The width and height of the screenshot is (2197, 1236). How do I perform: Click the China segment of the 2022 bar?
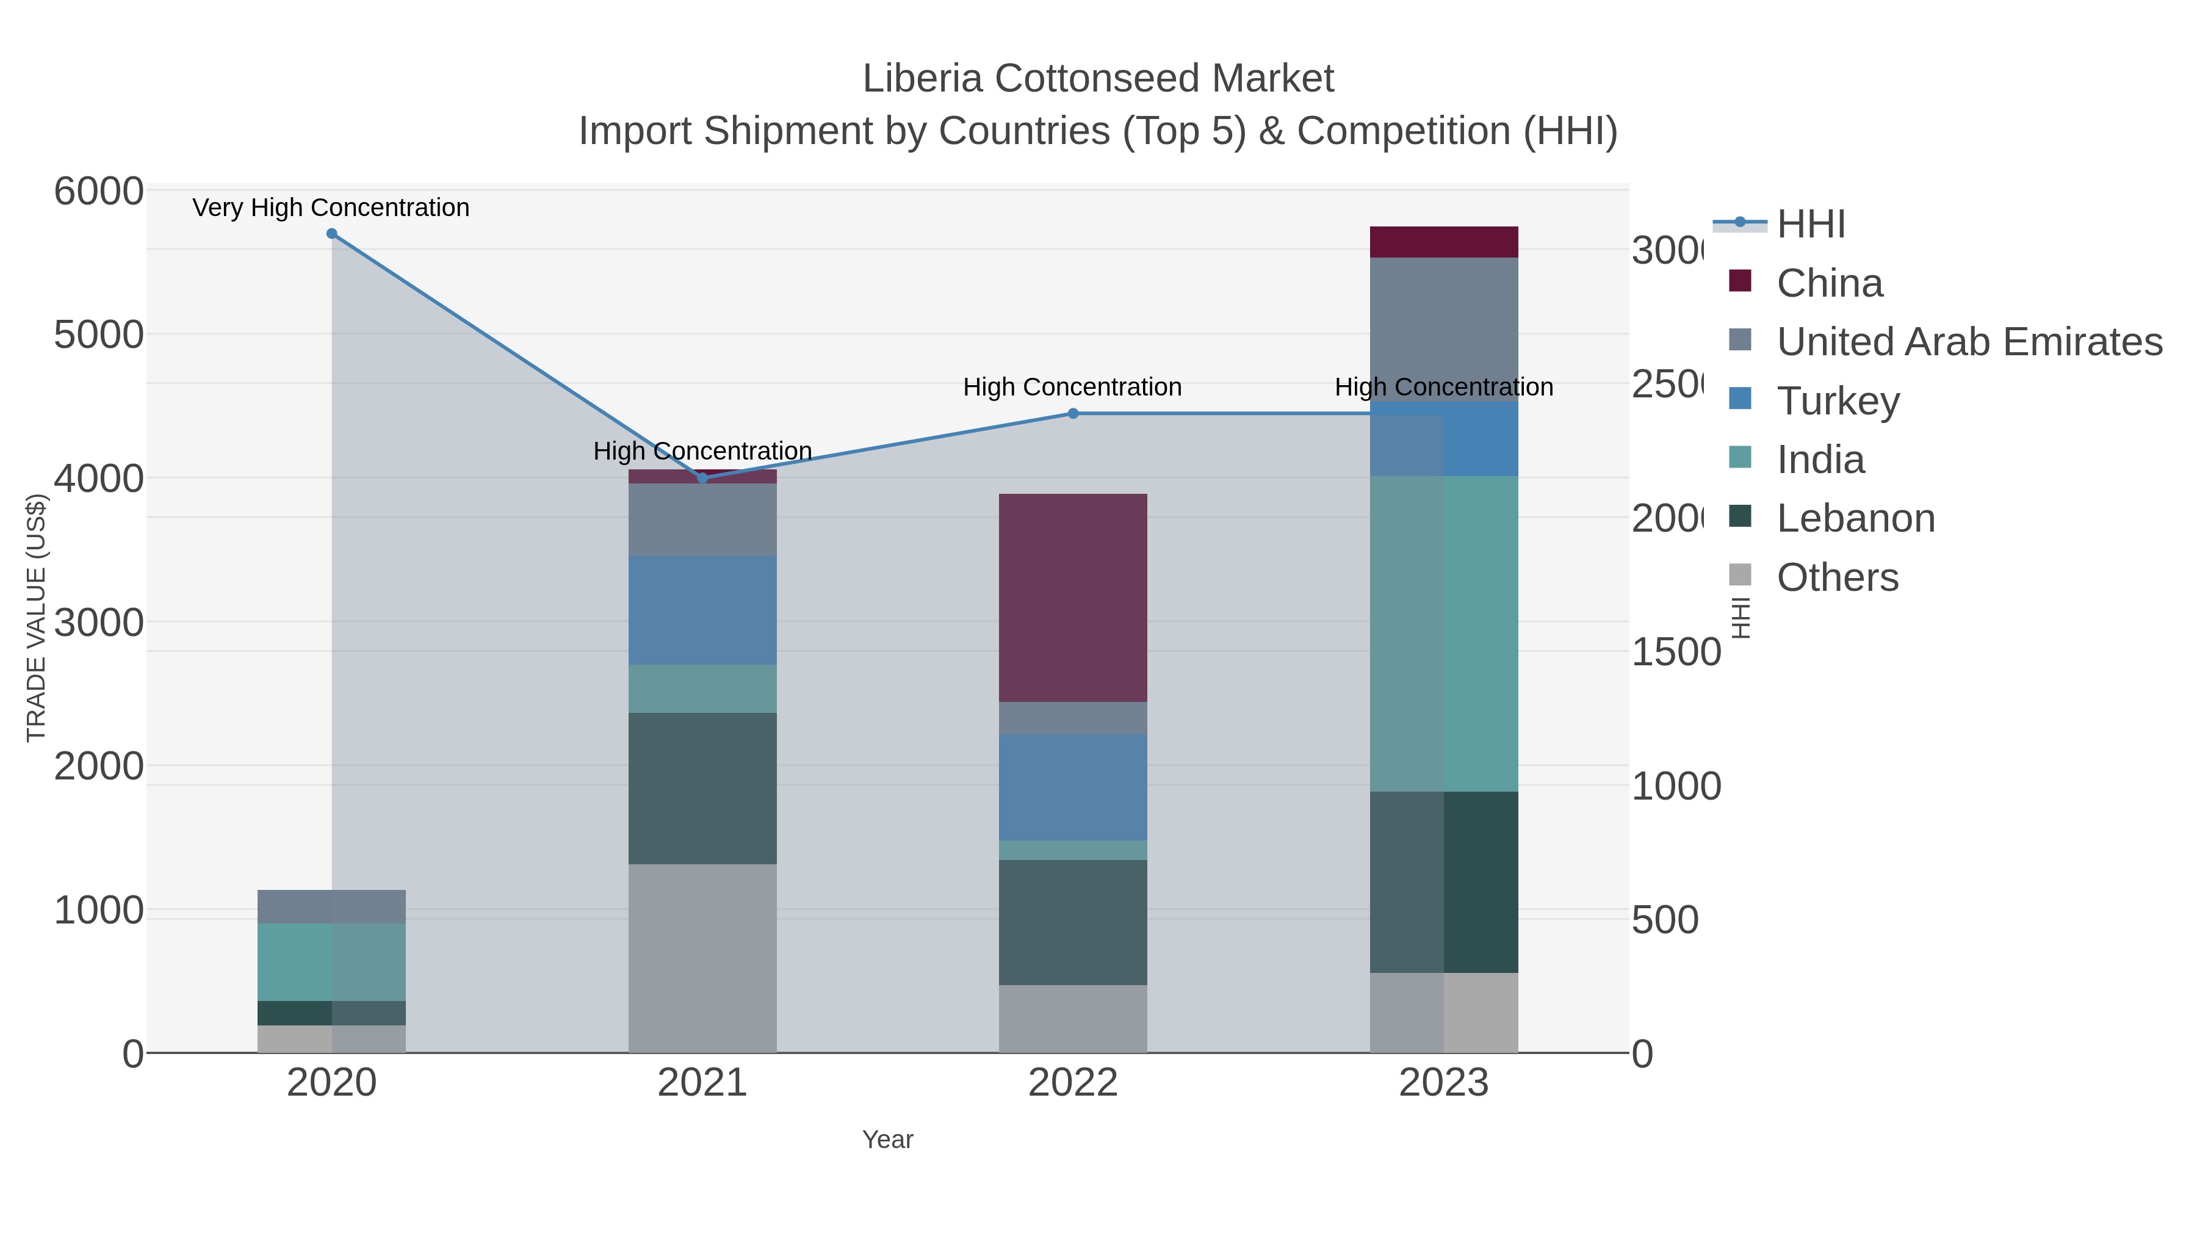point(1072,597)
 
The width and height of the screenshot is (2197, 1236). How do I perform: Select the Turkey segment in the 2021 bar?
point(702,610)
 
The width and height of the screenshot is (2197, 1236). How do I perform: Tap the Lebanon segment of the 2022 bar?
point(1072,922)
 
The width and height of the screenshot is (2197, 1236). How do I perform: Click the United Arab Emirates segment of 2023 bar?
point(1443,329)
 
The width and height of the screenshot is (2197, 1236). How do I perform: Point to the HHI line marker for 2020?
point(332,234)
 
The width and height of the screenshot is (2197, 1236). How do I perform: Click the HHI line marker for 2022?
point(1073,414)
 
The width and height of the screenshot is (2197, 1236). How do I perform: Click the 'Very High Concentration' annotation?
point(331,208)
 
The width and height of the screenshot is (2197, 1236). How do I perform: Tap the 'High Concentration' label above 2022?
point(1072,387)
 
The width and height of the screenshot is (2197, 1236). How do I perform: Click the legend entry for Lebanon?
point(1855,519)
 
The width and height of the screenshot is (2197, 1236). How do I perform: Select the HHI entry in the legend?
point(1810,225)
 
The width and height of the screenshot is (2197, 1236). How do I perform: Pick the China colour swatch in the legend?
point(1740,281)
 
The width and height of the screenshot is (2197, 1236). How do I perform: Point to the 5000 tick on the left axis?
point(98,334)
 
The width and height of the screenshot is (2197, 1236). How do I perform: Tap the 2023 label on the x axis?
point(1443,1083)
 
